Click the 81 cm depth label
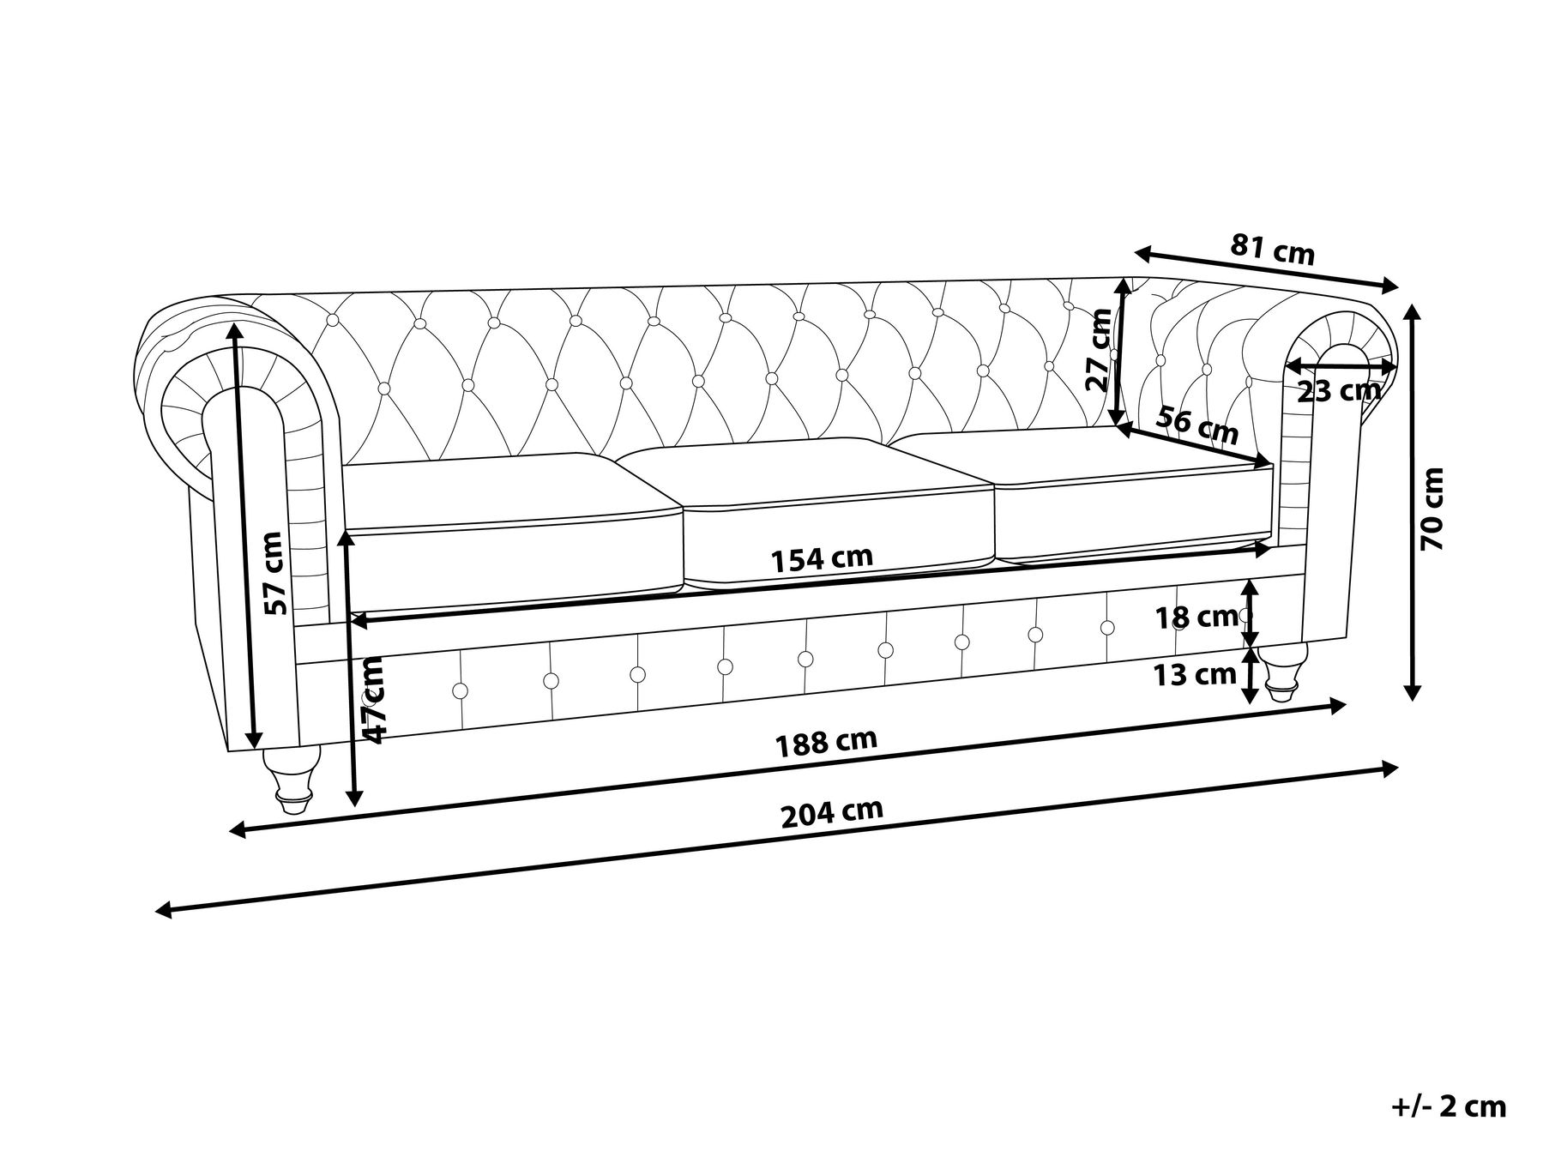click(x=1273, y=250)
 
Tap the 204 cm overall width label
click(x=832, y=812)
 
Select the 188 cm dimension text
click(x=827, y=742)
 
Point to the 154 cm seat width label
click(x=822, y=559)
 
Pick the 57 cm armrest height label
click(x=272, y=573)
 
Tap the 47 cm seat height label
click(x=375, y=697)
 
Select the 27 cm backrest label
click(x=1100, y=349)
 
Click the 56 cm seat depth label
click(x=1197, y=425)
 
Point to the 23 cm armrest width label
click(x=1338, y=392)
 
